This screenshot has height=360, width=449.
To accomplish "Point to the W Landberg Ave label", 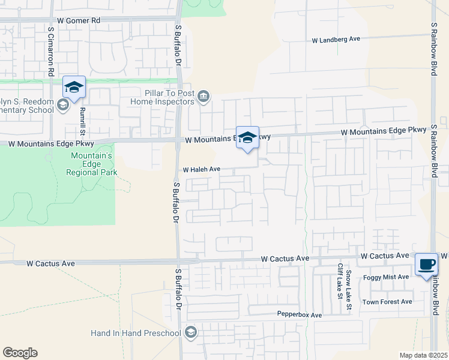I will point(336,40).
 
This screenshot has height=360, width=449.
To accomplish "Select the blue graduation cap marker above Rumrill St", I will point(74,88).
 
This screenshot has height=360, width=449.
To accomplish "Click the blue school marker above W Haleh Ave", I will point(247,138).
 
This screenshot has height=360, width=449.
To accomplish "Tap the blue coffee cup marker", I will point(426,265).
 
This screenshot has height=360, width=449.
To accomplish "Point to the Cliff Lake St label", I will point(339,281).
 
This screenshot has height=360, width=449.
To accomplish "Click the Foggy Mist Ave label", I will point(386,277).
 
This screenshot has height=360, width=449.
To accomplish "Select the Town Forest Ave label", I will point(387,302).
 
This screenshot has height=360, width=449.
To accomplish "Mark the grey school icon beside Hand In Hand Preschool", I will point(191,332).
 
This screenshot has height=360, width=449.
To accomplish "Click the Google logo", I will point(20,353).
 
